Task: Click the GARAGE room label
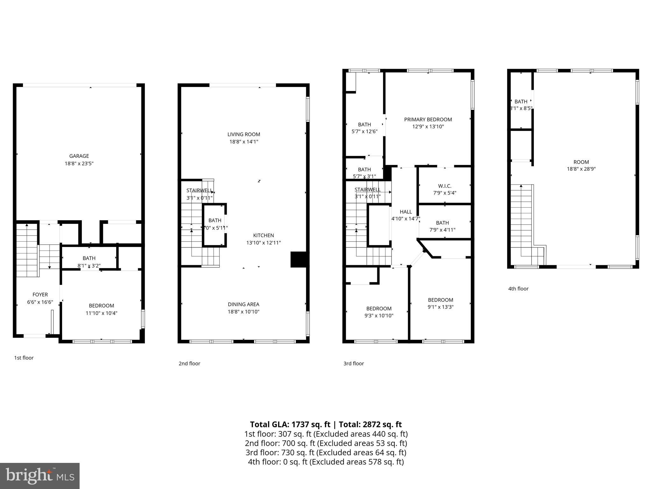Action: click(79, 156)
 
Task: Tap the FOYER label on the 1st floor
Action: click(40, 295)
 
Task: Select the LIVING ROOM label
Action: click(244, 134)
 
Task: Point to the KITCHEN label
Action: click(263, 236)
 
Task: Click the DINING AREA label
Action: click(244, 304)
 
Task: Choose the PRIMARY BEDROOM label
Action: click(428, 120)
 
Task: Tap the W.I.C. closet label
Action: click(444, 186)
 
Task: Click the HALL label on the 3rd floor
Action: click(406, 212)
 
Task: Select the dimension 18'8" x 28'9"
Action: click(581, 169)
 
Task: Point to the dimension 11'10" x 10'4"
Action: click(101, 313)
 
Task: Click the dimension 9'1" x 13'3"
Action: click(440, 307)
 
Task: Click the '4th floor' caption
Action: click(518, 289)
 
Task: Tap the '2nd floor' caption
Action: click(189, 364)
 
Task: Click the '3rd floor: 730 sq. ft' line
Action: click(326, 452)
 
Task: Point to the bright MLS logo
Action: click(40, 476)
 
